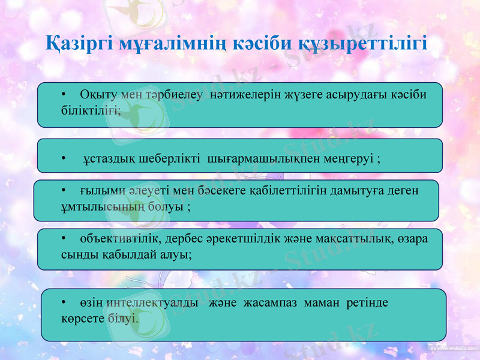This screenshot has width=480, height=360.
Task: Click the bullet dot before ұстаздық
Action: pos(64,158)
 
